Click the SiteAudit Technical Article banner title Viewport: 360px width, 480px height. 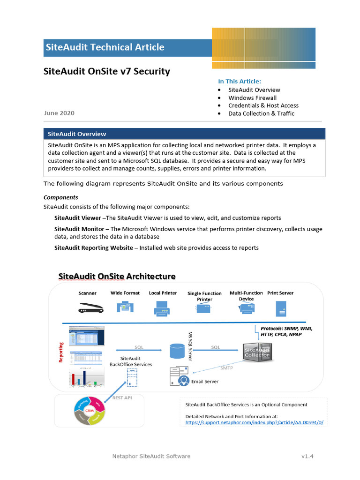click(x=105, y=47)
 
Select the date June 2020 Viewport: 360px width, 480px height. click(x=59, y=113)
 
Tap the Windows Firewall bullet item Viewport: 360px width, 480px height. click(x=252, y=98)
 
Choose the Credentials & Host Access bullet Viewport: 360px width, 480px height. click(x=263, y=106)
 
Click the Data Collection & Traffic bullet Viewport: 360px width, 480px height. click(x=261, y=113)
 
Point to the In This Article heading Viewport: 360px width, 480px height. click(x=240, y=81)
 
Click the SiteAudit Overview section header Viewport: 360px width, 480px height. click(x=75, y=134)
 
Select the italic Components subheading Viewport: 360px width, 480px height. click(x=61, y=197)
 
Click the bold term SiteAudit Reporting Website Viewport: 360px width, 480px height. click(x=93, y=247)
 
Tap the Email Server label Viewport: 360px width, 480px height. click(x=205, y=382)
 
